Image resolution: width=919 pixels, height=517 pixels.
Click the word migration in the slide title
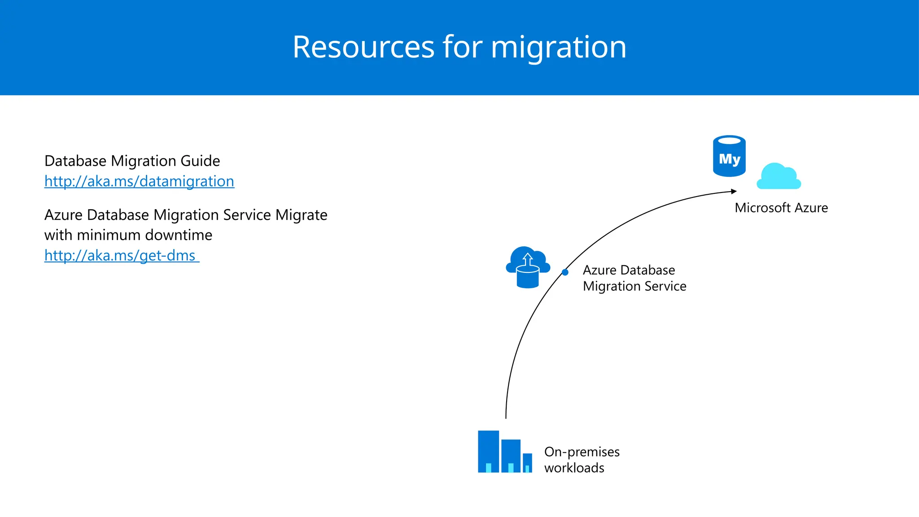[x=558, y=47]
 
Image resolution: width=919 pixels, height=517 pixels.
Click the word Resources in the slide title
[x=363, y=47]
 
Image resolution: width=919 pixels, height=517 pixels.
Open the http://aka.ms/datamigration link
[x=139, y=181]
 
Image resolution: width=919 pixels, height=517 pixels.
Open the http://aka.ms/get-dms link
[x=120, y=255]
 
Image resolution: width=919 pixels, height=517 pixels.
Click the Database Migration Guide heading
[x=132, y=161]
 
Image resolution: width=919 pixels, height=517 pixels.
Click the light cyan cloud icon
[x=779, y=177]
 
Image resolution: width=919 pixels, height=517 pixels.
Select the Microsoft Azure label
[x=781, y=208]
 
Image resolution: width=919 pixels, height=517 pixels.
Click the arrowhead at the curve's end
[x=734, y=192]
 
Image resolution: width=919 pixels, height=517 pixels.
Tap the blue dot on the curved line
[x=565, y=272]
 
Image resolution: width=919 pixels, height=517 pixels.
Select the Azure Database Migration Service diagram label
[x=634, y=278]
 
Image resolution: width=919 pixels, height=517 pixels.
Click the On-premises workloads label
[x=582, y=460]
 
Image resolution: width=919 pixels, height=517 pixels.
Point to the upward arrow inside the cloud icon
[x=528, y=259]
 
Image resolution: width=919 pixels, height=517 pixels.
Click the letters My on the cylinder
[x=729, y=159]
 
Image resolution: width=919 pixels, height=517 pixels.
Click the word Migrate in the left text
[x=301, y=215]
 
